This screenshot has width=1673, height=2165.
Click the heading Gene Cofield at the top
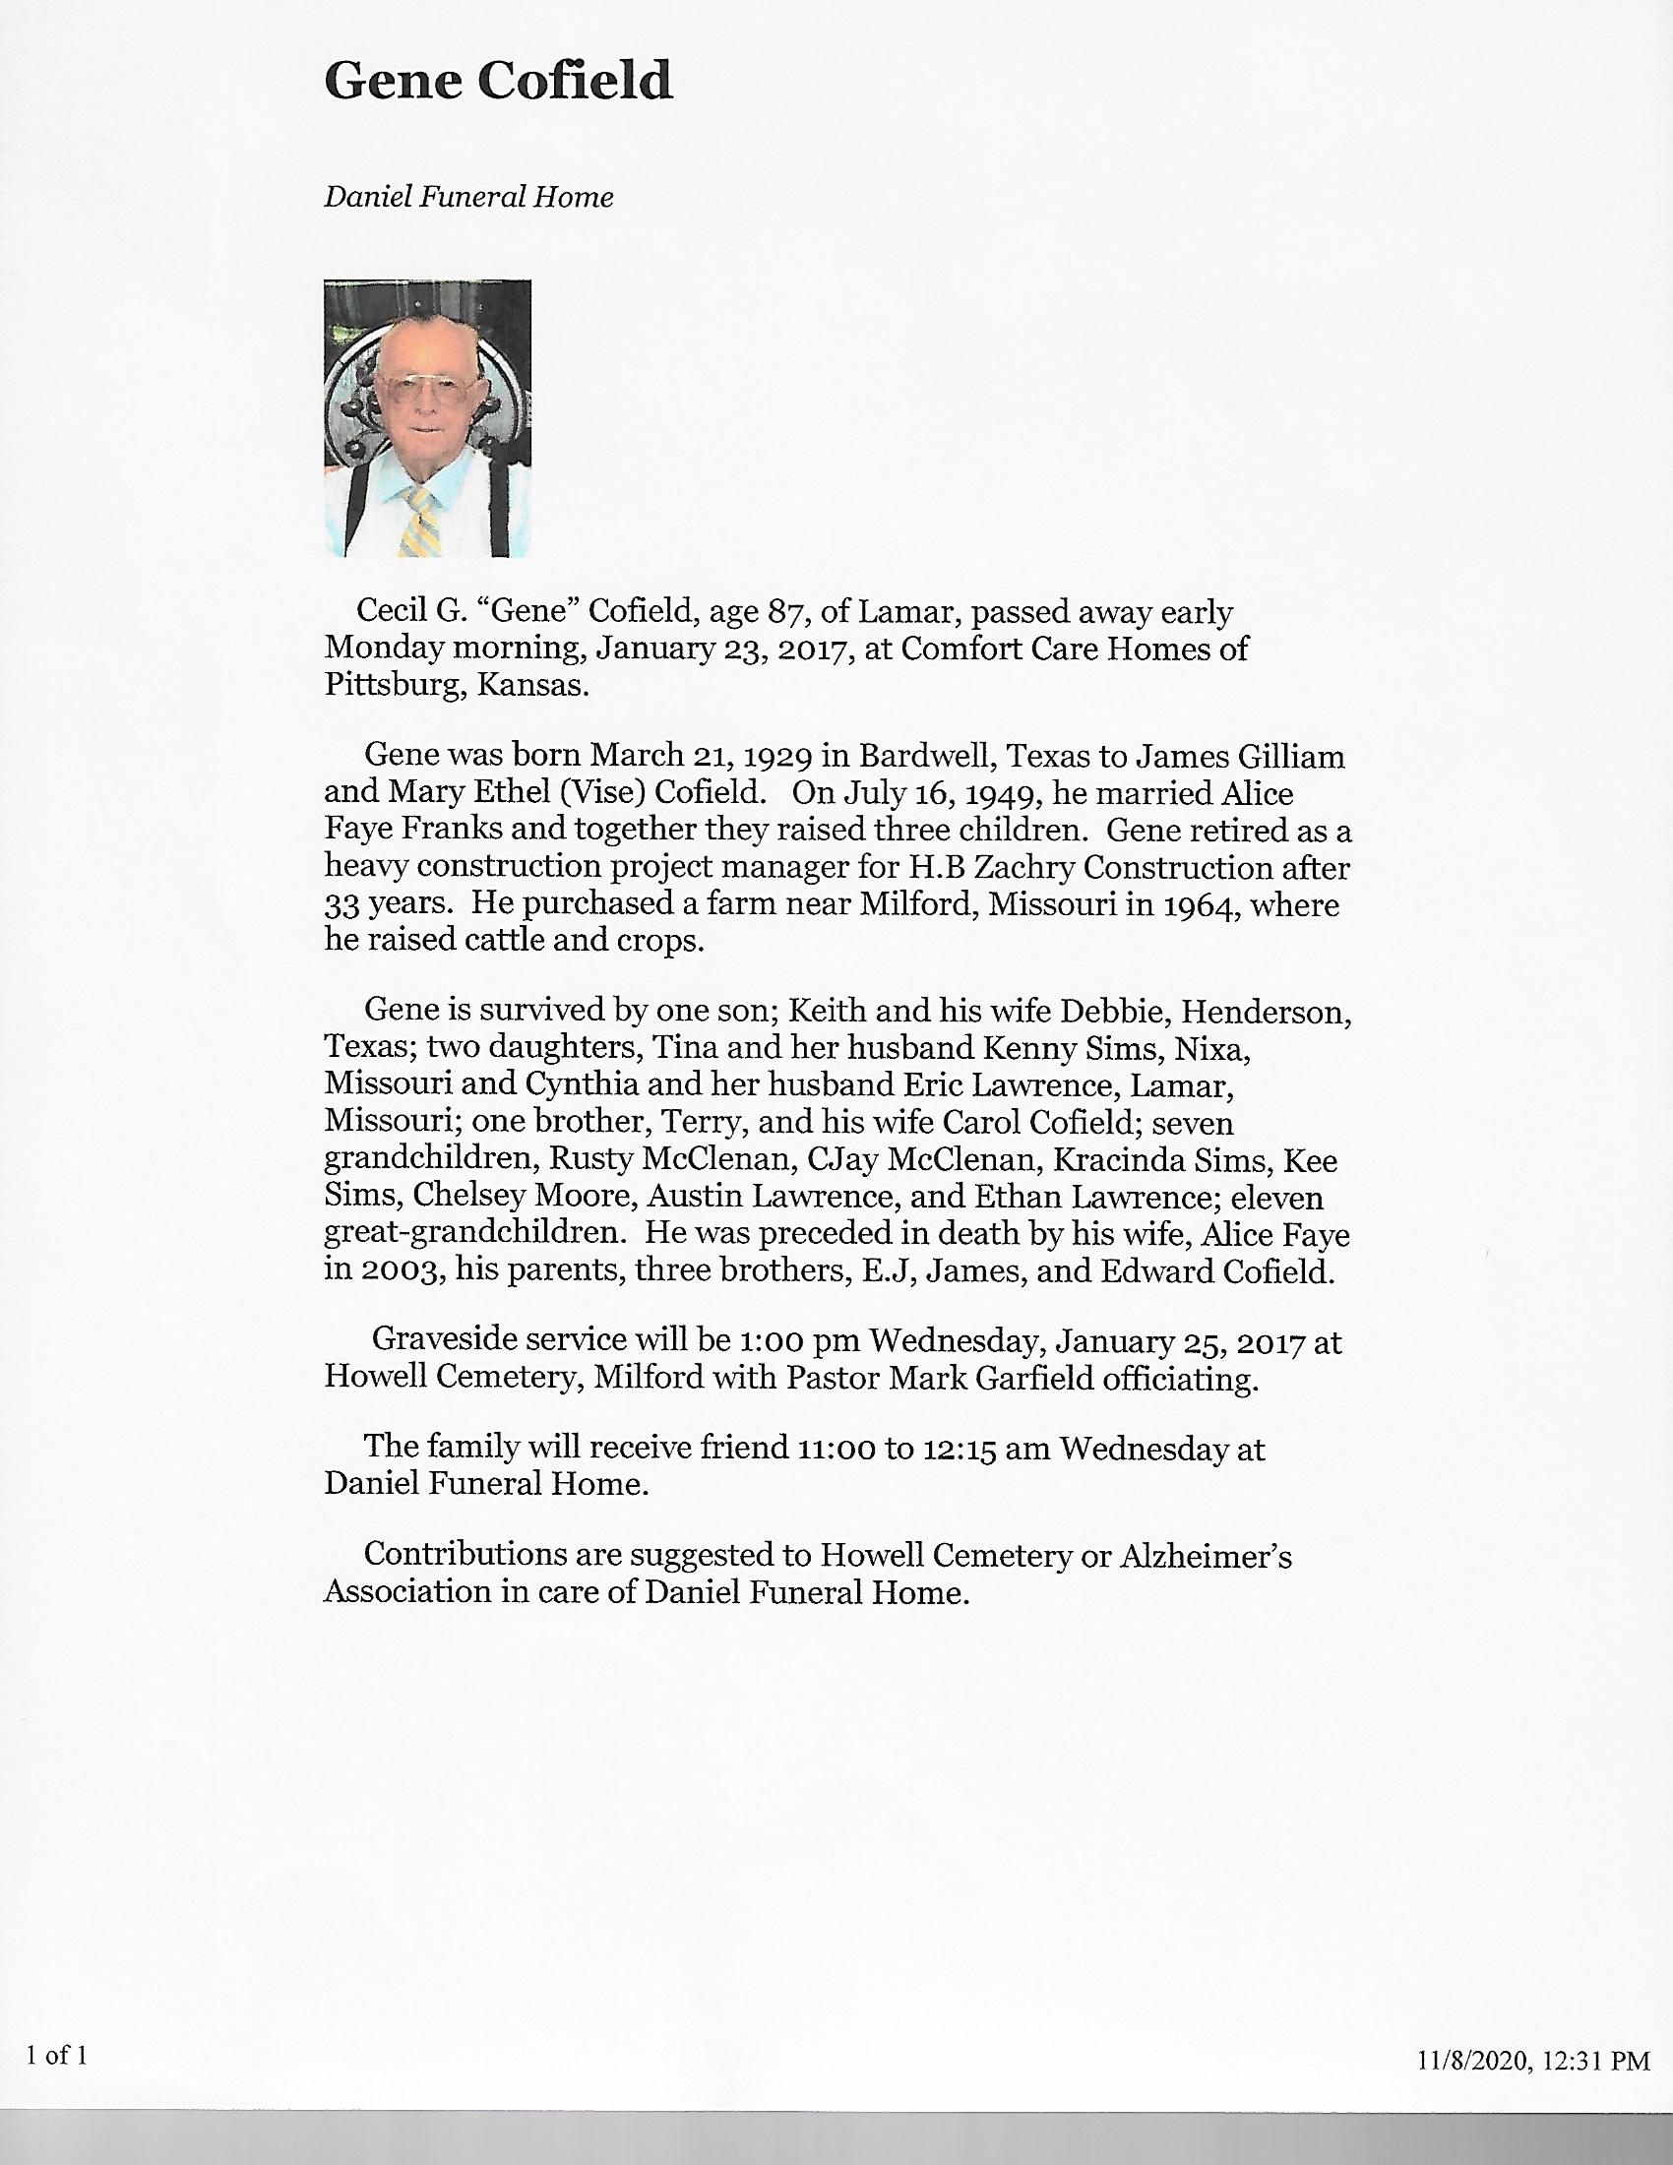[498, 82]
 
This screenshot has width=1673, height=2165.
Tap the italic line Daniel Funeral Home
[468, 197]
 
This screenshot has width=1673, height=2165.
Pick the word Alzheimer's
[1206, 1558]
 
